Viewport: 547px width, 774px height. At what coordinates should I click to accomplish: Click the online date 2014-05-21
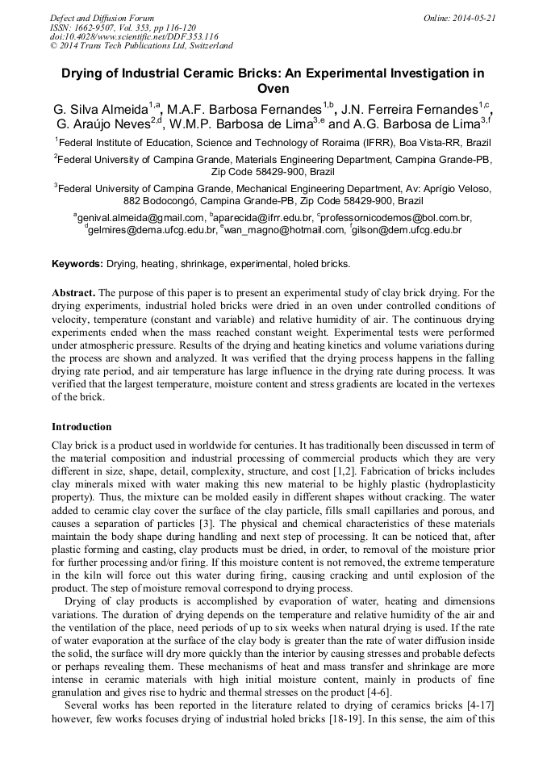click(x=470, y=18)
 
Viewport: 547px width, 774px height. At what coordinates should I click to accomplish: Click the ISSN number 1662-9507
click(x=90, y=27)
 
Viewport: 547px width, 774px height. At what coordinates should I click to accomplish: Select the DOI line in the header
click(x=134, y=36)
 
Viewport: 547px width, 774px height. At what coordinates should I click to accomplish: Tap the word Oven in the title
click(x=273, y=89)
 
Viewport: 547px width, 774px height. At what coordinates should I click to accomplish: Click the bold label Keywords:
click(x=77, y=264)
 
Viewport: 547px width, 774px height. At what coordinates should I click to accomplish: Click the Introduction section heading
click(x=81, y=427)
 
